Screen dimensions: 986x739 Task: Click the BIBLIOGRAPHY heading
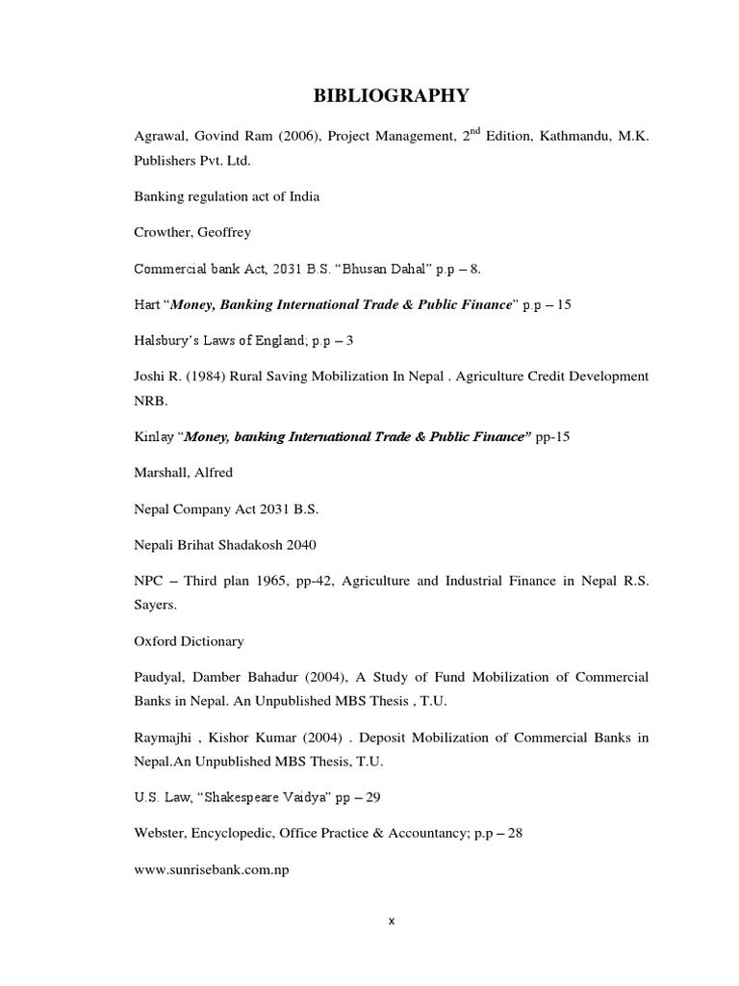coord(390,94)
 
